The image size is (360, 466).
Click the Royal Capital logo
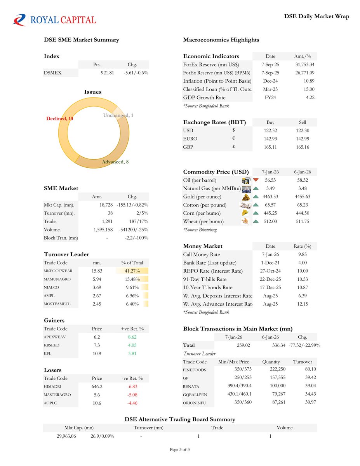[54, 19]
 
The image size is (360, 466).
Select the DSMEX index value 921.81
[108, 73]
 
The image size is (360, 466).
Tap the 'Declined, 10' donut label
[59, 118]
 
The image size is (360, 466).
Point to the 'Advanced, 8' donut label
[115, 162]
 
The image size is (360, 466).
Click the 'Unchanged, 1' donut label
[118, 115]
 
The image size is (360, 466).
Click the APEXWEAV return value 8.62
[132, 337]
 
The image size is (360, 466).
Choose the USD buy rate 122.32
[270, 130]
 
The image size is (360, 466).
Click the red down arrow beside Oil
[256, 180]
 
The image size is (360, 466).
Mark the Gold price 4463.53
[270, 197]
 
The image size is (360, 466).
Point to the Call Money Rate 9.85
[303, 255]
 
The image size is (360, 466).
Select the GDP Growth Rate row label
[204, 97]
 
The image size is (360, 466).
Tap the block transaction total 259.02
[245, 345]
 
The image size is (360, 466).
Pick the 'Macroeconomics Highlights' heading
[221, 40]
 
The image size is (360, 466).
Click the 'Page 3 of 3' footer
[180, 450]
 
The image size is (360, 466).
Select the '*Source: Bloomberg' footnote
[200, 230]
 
